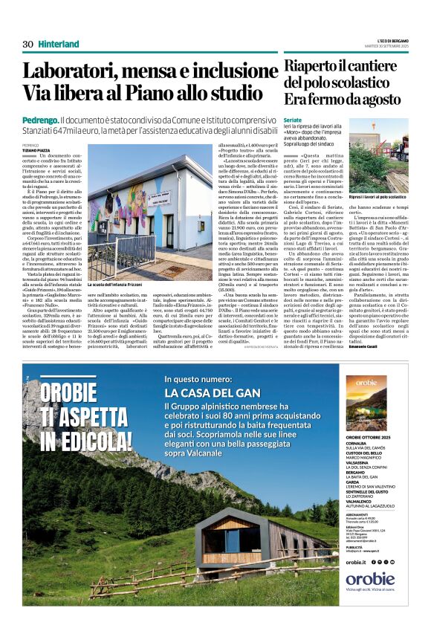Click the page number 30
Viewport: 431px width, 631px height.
click(27, 44)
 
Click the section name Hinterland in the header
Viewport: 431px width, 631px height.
click(59, 44)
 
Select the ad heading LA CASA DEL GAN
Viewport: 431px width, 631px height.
click(212, 392)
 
